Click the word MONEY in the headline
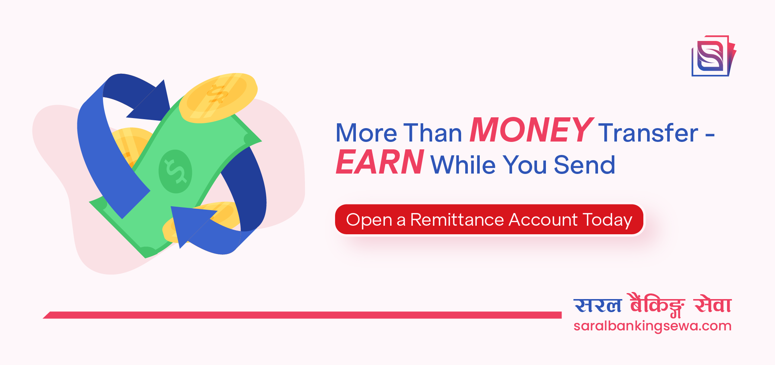pos(531,130)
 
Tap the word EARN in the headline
pos(379,162)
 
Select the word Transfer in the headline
pos(648,133)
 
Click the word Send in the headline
pos(584,165)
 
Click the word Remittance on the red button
pos(457,220)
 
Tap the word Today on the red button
pos(607,220)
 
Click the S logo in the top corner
pos(712,56)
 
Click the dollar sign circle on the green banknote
pos(175,171)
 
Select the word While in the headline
pos(463,165)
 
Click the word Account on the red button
pos(543,220)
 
